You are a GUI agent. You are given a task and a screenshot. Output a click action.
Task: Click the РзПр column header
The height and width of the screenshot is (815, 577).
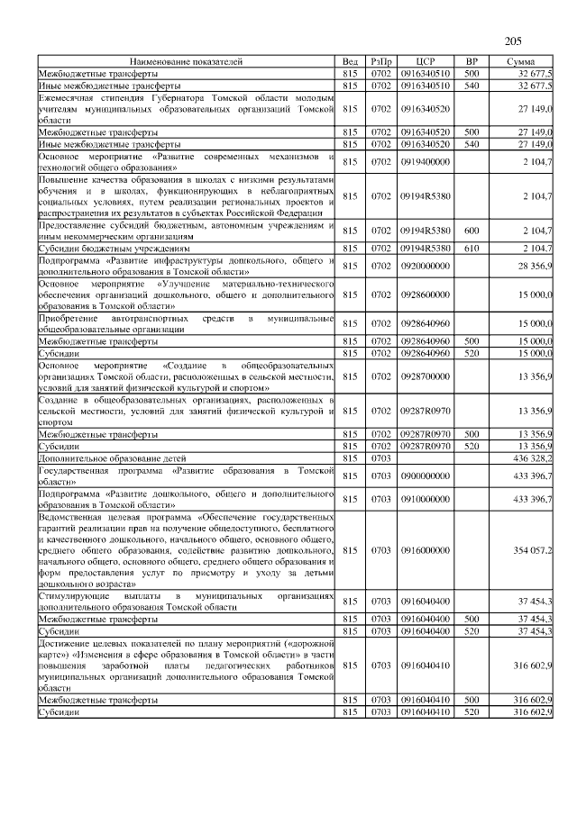click(381, 60)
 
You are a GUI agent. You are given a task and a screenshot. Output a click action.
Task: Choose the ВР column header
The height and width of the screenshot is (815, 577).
click(471, 60)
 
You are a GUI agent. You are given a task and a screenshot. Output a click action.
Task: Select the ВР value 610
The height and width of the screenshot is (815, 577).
click(471, 248)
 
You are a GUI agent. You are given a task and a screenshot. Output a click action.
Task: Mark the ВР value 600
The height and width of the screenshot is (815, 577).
click(471, 231)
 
